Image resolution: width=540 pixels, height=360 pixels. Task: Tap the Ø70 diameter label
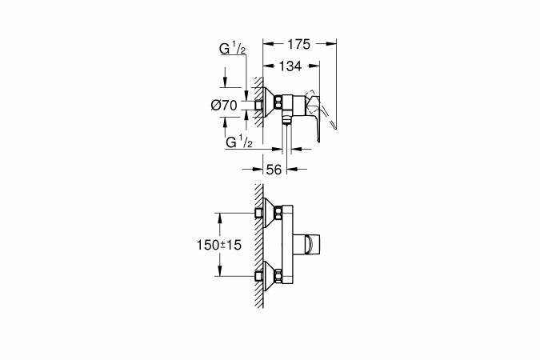tap(225, 105)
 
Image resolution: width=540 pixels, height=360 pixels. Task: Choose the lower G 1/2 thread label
tap(239, 142)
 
